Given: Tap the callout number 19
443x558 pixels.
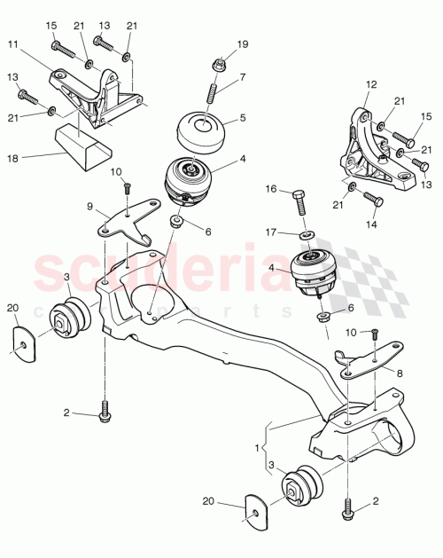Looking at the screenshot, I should point(243,43).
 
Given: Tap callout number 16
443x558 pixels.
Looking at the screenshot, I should point(270,189).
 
